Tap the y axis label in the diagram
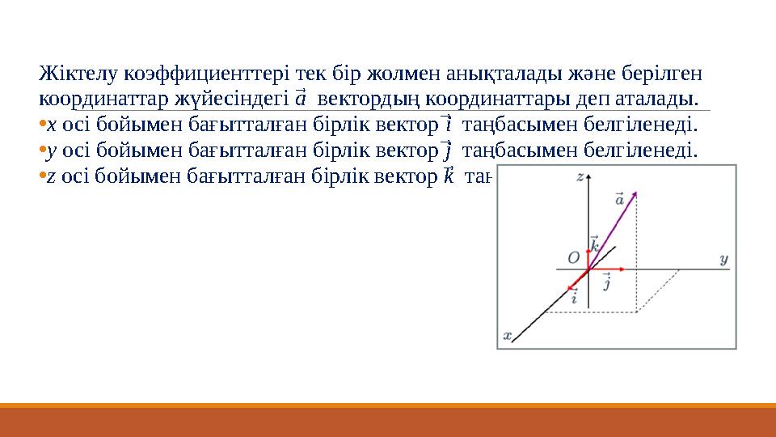pos(723,259)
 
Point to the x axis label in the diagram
pos(508,334)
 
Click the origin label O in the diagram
pos(573,257)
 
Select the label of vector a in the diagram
pos(619,199)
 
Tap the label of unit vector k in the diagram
pos(594,244)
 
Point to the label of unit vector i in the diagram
pos(574,298)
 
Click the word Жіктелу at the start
pos(78,74)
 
